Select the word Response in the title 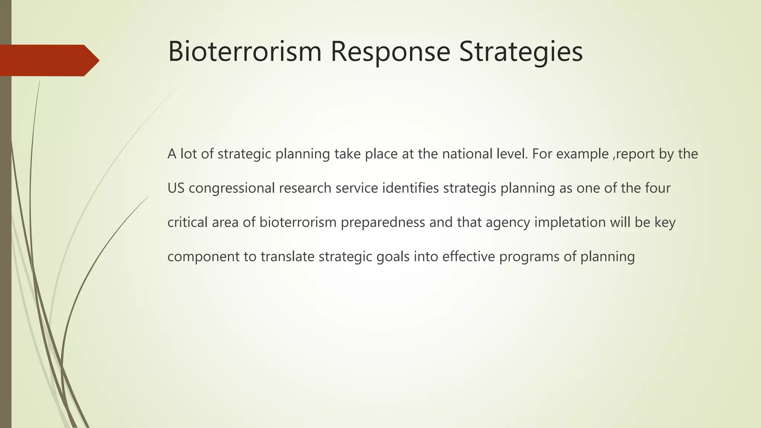point(390,52)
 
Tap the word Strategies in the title point(521,52)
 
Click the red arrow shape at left point(48,60)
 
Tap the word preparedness point(383,223)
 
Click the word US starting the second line point(176,188)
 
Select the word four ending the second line point(658,188)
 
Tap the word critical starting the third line point(187,222)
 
